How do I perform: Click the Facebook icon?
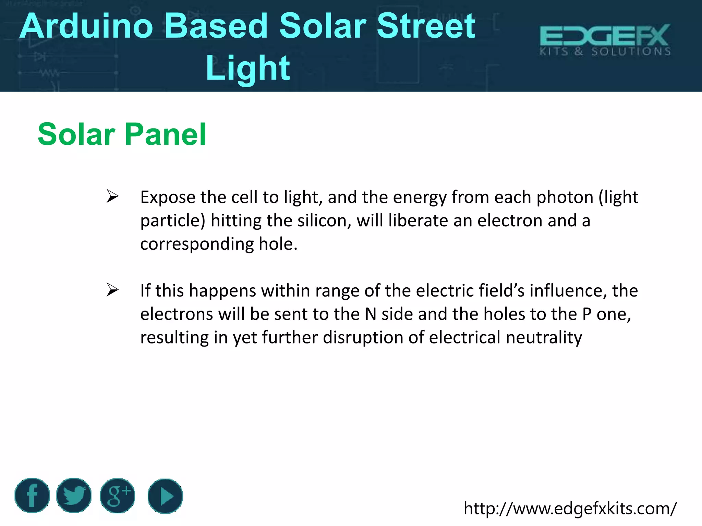tap(32, 496)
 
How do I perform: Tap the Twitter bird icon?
tap(74, 496)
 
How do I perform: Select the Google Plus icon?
tap(118, 496)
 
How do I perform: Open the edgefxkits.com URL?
tap(570, 509)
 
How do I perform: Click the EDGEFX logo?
tap(605, 40)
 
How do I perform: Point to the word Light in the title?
tap(248, 68)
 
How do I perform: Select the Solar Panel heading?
tap(122, 134)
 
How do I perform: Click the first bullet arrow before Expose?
tap(112, 196)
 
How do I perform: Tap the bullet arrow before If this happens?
tap(112, 290)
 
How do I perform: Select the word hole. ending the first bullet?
tap(278, 244)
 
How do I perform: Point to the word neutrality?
tap(544, 338)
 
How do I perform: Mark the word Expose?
tap(168, 198)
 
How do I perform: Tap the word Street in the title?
tap(426, 26)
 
